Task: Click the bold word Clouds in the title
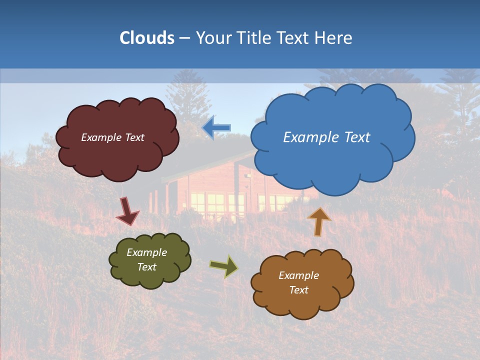click(x=146, y=38)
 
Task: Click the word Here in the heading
click(x=334, y=38)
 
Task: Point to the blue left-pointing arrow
click(x=216, y=127)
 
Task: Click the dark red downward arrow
click(x=127, y=211)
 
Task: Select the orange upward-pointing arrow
click(x=318, y=221)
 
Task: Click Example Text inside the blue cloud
click(x=326, y=137)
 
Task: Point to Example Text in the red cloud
click(x=112, y=137)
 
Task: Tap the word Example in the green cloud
click(x=146, y=252)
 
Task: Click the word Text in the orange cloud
click(x=298, y=290)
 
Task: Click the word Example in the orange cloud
click(x=298, y=275)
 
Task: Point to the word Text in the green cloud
click(x=146, y=267)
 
